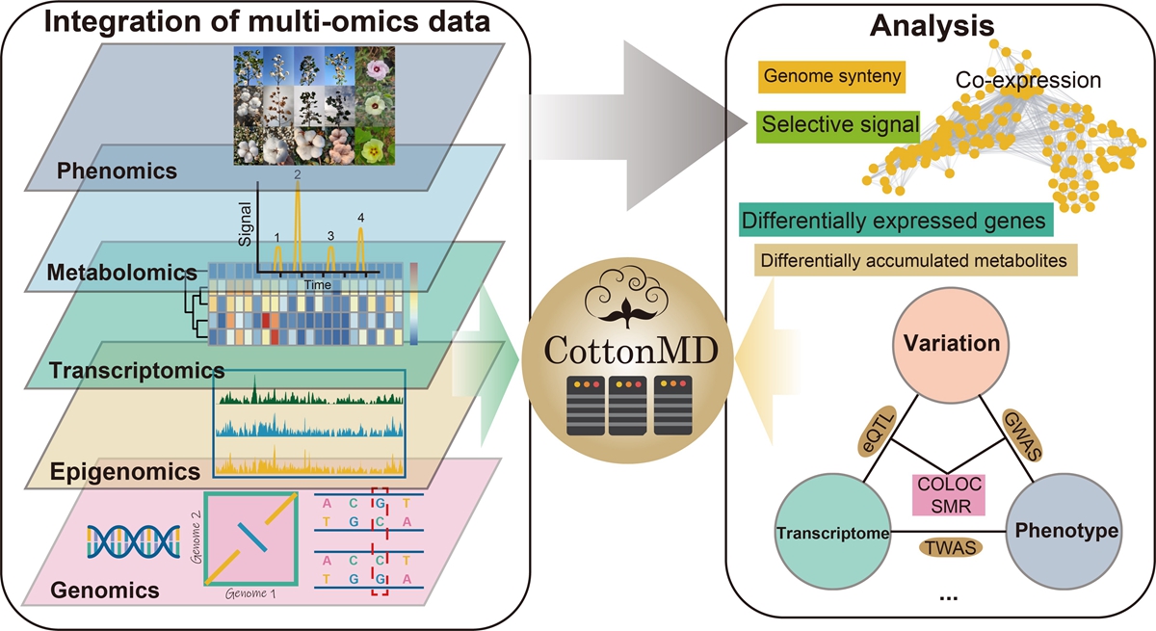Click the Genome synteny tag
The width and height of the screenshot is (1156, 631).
coord(831,76)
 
